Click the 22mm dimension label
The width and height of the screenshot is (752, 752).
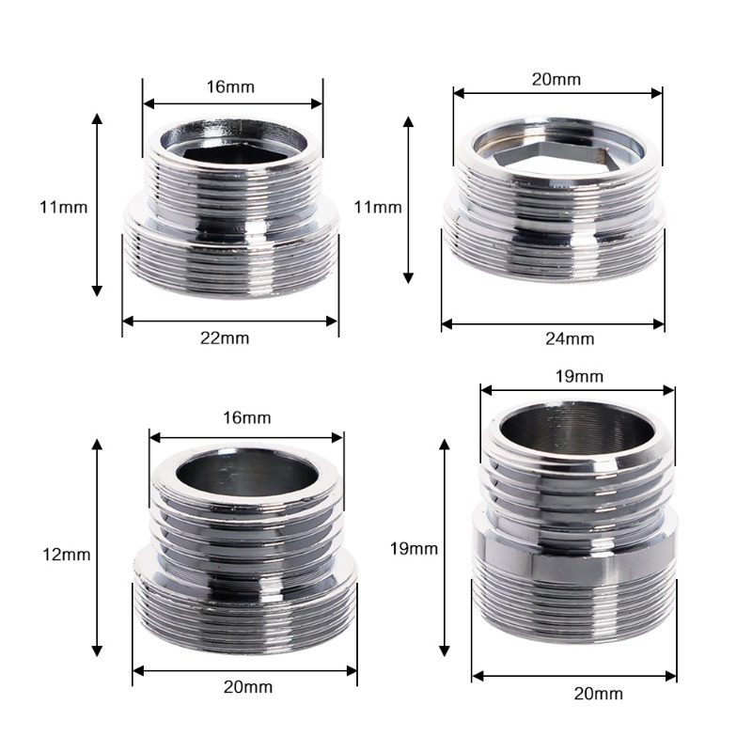pos(225,338)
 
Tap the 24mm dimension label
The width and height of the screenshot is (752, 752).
pos(570,339)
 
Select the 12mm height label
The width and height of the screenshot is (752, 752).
pos(67,555)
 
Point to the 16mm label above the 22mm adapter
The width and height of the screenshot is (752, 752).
pos(230,86)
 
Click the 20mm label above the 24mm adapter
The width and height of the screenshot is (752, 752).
pos(556,79)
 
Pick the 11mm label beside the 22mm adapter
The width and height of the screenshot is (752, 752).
pos(64,208)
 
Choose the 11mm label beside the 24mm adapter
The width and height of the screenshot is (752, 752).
pos(378,207)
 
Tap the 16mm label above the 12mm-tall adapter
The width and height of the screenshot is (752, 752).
pos(247,417)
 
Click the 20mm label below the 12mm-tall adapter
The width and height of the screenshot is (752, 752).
pos(248,687)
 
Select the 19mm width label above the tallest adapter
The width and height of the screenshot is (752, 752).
pos(579,377)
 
